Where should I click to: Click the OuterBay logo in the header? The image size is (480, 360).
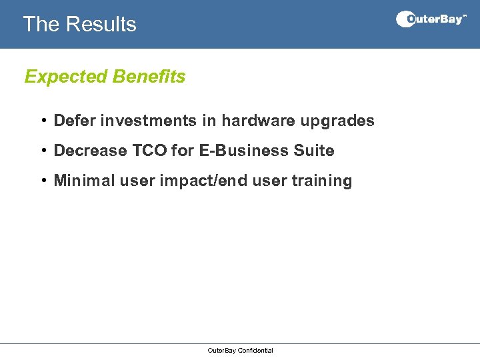431,19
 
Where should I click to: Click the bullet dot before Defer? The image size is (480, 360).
42,121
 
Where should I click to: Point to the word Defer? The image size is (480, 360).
75,121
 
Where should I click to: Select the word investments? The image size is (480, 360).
148,121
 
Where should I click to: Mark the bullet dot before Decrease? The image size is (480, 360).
42,151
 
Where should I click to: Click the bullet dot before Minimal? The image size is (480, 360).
42,181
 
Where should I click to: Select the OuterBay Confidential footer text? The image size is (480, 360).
240,351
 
